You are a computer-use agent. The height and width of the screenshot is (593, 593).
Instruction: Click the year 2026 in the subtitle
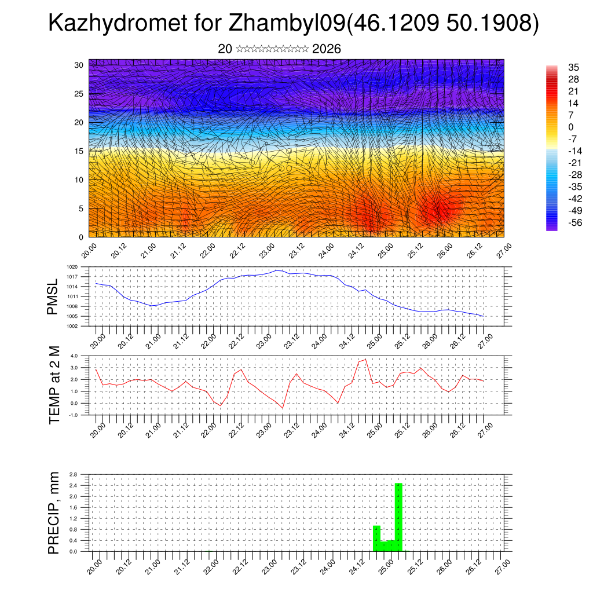[x=327, y=49]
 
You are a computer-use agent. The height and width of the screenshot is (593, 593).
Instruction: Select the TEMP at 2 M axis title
[x=54, y=385]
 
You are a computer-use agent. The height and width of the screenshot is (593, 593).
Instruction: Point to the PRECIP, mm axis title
[x=54, y=513]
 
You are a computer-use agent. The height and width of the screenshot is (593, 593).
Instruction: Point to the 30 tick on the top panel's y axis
[x=79, y=65]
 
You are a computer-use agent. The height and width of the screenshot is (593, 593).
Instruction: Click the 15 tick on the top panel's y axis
[x=79, y=151]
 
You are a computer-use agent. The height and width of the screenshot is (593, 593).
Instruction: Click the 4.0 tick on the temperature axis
[x=74, y=356]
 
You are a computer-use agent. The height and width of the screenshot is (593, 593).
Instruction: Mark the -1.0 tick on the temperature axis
[x=73, y=415]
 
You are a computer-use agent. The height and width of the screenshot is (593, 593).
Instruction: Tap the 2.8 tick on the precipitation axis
[x=74, y=474]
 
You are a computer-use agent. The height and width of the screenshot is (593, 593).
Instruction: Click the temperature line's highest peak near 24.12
[x=365, y=360]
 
